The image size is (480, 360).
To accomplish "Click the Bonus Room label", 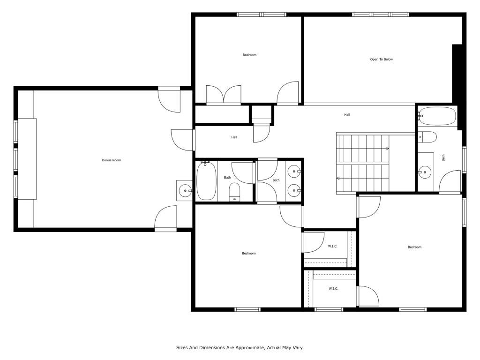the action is pos(112,160).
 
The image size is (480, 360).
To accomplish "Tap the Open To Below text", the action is pos(382,60).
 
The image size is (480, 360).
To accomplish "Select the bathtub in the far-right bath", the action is pos(437,116).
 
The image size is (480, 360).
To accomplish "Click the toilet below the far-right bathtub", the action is pos(427,137).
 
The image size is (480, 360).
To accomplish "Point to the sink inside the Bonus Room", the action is pos(185,190).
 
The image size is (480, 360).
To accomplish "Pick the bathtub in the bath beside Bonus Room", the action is pos(207,181).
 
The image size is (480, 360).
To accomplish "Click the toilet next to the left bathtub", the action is pos(235,192).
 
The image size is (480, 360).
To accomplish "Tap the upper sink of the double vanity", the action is pos(294,172).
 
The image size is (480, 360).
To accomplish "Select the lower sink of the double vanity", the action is pos(294,190).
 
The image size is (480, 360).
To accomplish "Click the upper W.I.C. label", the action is pos(332,246).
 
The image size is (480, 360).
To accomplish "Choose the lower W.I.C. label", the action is pos(333,288).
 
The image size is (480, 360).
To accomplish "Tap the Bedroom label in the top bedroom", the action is pos(249,55).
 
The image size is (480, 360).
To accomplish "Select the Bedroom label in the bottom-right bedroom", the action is pos(414,247).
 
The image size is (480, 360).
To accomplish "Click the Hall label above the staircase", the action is pos(347,115).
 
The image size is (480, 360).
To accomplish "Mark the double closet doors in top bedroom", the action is pos(224,95).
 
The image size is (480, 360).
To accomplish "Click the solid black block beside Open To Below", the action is pos(457,74).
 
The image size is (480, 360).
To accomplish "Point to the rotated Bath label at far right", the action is pos(443,158).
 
